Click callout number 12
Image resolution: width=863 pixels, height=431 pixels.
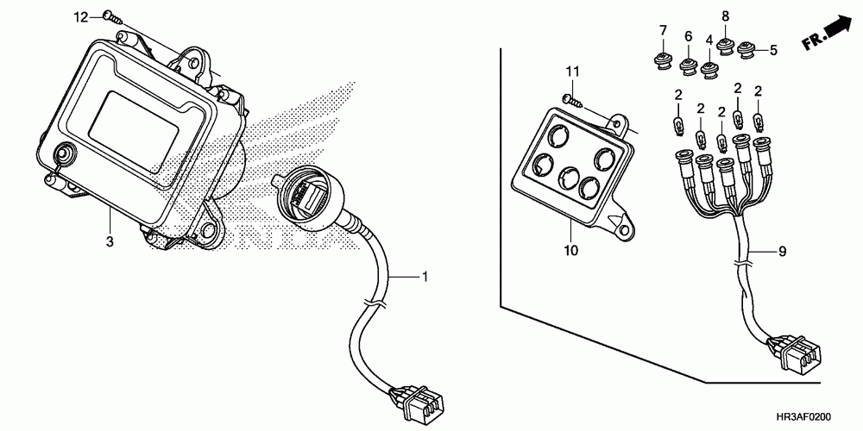point(80,16)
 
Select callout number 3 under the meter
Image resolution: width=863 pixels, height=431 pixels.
point(110,243)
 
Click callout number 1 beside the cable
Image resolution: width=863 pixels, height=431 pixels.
point(425,277)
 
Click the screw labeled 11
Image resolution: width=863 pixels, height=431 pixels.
point(572,99)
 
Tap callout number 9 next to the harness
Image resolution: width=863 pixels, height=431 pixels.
point(783,252)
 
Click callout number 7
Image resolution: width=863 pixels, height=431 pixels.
point(664,32)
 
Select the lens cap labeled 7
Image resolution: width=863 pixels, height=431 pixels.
point(663,59)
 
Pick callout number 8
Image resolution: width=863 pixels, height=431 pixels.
point(725,16)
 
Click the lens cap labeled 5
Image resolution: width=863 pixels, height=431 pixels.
point(748,51)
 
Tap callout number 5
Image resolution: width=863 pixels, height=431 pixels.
point(773,51)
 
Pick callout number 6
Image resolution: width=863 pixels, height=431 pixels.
point(689,36)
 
